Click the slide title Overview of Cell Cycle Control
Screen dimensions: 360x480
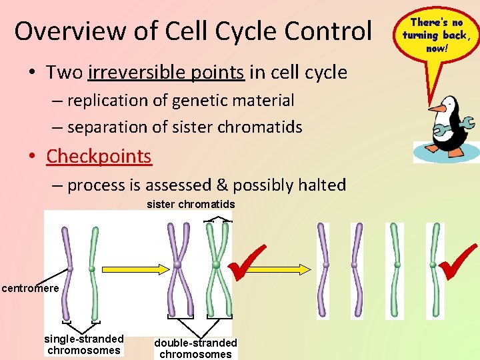tap(193, 31)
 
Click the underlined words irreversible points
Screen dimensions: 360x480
tap(166, 72)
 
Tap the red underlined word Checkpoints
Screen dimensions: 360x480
tap(99, 156)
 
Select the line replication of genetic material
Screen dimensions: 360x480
tap(180, 101)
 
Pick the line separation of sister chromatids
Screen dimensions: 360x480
tap(185, 127)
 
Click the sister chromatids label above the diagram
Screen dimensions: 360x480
tap(191, 205)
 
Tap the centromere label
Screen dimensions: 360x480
tap(30, 289)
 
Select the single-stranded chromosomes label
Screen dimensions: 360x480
tap(84, 344)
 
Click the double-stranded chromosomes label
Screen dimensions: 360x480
tap(195, 348)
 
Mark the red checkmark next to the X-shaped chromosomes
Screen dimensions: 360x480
tap(248, 262)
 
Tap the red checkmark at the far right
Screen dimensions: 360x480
tap(458, 261)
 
